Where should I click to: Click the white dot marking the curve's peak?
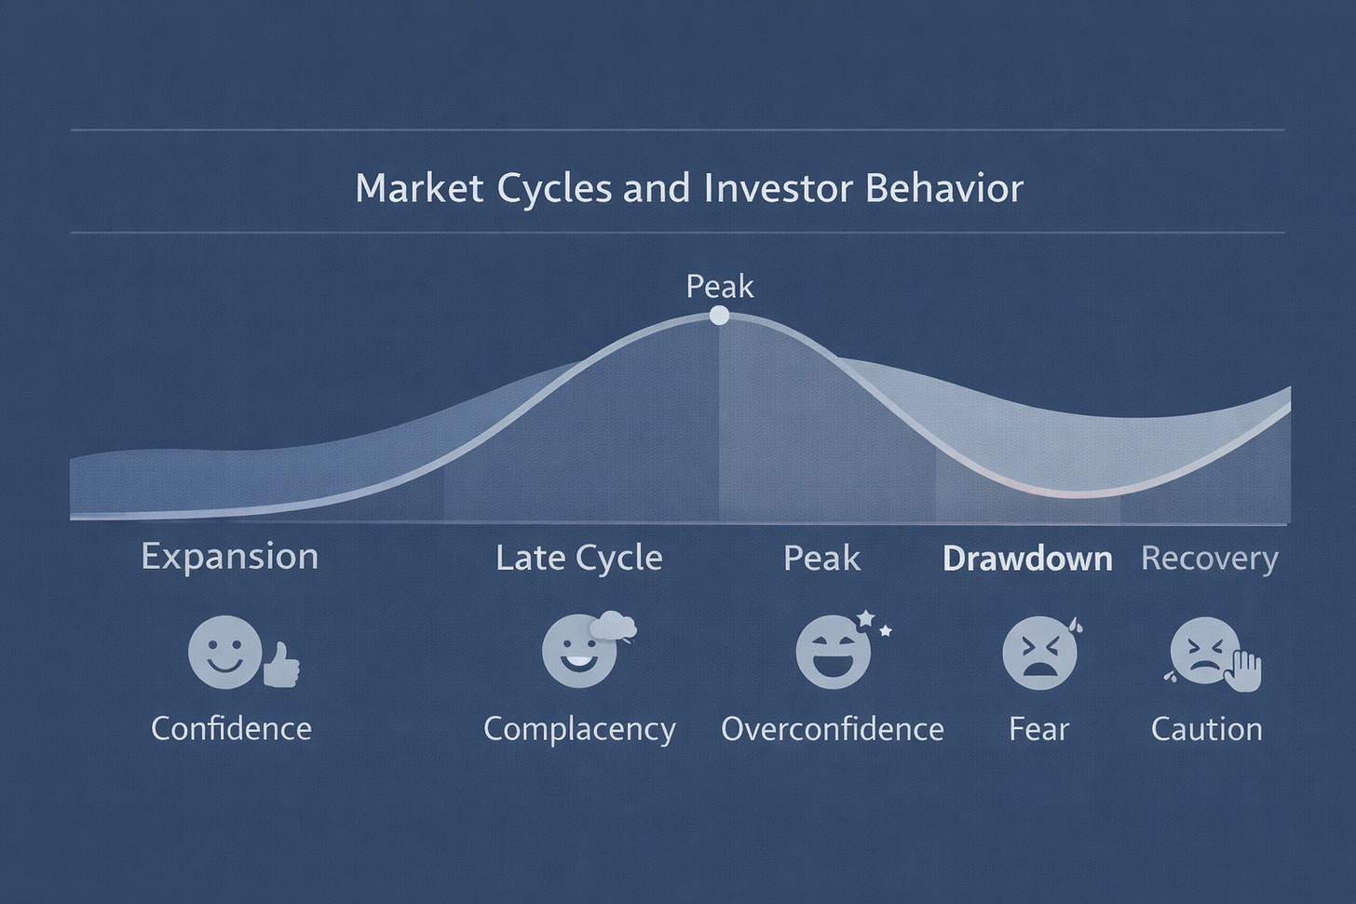tap(719, 316)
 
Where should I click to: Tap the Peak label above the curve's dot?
tap(719, 286)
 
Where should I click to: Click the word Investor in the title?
tap(780, 188)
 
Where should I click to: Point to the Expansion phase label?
tap(229, 557)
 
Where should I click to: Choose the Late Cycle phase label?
tap(578, 558)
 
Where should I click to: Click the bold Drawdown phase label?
tap(1027, 559)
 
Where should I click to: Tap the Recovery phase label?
tap(1209, 559)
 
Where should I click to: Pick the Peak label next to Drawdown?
tap(821, 559)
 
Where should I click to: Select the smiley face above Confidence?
tap(224, 652)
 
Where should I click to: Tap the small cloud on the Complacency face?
tap(613, 627)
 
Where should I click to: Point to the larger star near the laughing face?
tap(865, 618)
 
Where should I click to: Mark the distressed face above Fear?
tap(1038, 654)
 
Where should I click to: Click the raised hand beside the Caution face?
tap(1244, 669)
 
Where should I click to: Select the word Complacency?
tap(578, 729)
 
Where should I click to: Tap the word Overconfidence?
tap(832, 729)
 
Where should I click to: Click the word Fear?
tap(1038, 729)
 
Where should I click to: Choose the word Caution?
tap(1206, 729)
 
